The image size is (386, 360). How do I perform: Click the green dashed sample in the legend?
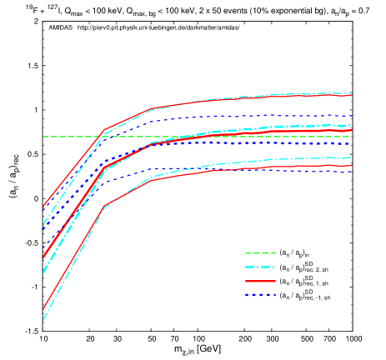(260, 253)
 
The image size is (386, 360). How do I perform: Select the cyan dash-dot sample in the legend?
(260, 267)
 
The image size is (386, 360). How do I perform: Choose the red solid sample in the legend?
(260, 282)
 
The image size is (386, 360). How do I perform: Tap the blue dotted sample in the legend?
(260, 295)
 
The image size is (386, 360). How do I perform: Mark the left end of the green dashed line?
(43, 137)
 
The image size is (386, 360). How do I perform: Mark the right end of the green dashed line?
(352, 137)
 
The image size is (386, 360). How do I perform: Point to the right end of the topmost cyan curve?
(352, 92)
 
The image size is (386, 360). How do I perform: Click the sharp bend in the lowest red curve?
(104, 206)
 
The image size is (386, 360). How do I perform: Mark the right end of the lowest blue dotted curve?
(352, 172)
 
